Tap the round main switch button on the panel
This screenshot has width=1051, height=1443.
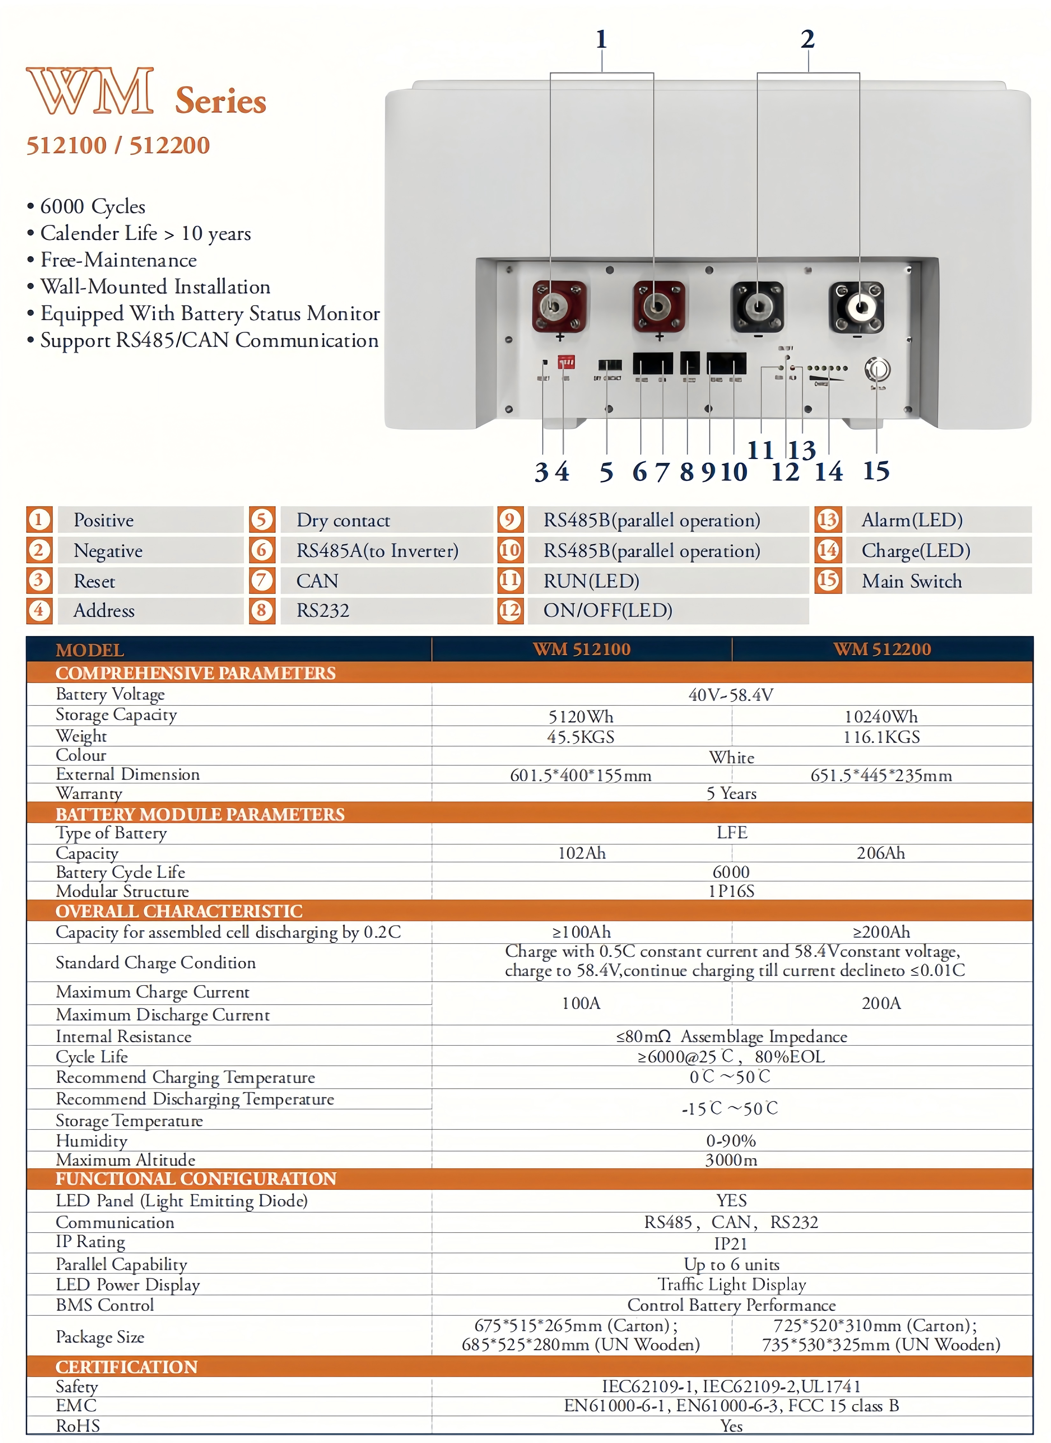point(877,369)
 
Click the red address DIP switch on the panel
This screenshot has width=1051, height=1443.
point(565,362)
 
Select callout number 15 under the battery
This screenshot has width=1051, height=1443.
point(876,471)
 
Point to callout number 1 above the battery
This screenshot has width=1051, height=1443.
point(601,39)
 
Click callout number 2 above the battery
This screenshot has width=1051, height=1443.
point(807,39)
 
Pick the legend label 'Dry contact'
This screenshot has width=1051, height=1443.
point(343,520)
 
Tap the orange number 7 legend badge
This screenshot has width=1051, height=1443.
point(261,580)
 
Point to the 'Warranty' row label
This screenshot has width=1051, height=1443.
point(89,793)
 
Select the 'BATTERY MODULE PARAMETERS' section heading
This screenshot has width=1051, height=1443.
point(200,814)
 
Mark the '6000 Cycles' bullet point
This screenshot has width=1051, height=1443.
point(92,207)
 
